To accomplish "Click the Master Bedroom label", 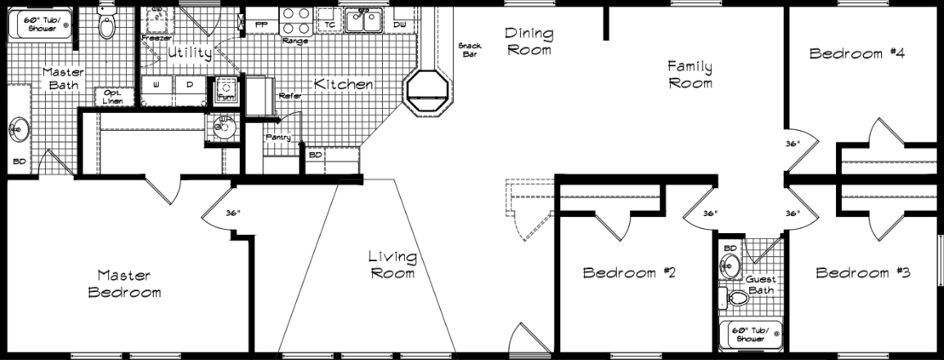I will point(124,283).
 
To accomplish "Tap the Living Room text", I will point(393,265).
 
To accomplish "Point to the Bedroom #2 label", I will point(628,272).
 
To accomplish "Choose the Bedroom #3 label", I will point(863,272).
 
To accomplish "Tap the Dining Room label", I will point(528,41).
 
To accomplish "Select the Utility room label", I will point(190,53).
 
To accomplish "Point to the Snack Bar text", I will point(470,50).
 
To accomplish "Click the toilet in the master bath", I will point(106,25).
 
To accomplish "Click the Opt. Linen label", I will point(112,97).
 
